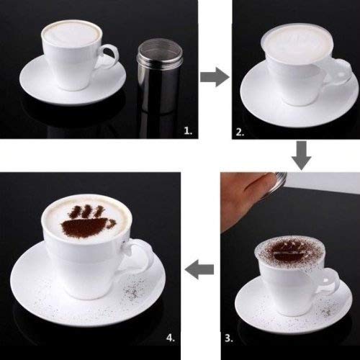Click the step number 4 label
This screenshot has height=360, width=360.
pos(171,336)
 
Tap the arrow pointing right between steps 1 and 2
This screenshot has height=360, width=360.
pos(210,77)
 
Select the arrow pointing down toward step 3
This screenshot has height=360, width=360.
pos(301,153)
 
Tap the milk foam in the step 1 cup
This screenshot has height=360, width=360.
pos(70,35)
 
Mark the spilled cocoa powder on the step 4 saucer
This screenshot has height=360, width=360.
pos(133,292)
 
